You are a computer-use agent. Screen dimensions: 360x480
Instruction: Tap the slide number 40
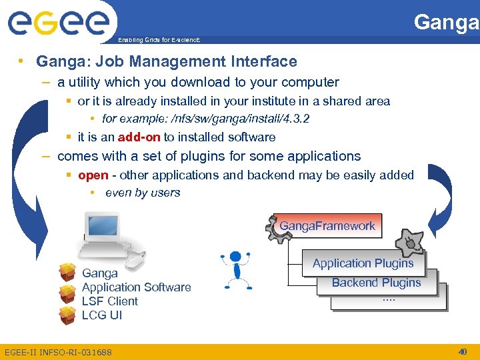(x=463, y=351)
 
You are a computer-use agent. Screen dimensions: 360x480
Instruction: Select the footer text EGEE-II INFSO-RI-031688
(x=58, y=352)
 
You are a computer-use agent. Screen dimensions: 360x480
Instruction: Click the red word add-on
(x=139, y=137)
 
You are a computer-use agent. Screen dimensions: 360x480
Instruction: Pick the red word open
(x=93, y=175)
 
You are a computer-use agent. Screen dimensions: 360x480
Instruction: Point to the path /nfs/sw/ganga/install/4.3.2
(x=240, y=119)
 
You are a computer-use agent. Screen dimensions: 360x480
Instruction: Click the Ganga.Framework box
(x=327, y=226)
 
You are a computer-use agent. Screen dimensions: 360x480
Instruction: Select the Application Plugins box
(x=363, y=263)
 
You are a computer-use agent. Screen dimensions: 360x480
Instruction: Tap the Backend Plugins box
(x=376, y=283)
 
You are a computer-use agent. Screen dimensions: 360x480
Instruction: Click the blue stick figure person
(x=235, y=268)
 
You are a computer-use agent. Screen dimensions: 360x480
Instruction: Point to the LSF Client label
(x=109, y=301)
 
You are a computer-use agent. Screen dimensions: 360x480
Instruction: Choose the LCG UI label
(x=101, y=315)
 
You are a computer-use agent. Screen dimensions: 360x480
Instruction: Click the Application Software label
(x=136, y=287)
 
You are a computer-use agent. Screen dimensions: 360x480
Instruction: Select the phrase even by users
(x=143, y=193)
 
